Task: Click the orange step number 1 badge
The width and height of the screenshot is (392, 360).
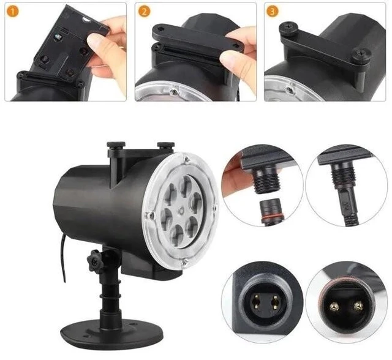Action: tap(13, 12)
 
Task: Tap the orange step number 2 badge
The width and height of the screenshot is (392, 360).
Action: tap(144, 12)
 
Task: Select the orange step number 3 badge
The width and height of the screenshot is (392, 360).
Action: tap(273, 12)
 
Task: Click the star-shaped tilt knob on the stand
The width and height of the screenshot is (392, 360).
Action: tap(96, 261)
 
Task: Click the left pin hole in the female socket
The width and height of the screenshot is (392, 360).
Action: tap(256, 301)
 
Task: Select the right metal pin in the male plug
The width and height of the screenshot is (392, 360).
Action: tap(358, 306)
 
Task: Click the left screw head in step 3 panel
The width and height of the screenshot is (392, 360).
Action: tap(288, 26)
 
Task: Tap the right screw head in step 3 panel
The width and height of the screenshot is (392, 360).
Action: tap(360, 54)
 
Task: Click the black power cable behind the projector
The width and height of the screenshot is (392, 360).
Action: tap(62, 258)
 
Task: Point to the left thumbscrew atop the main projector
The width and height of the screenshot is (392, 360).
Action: tap(116, 145)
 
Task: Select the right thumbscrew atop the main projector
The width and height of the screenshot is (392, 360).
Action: tap(165, 144)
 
